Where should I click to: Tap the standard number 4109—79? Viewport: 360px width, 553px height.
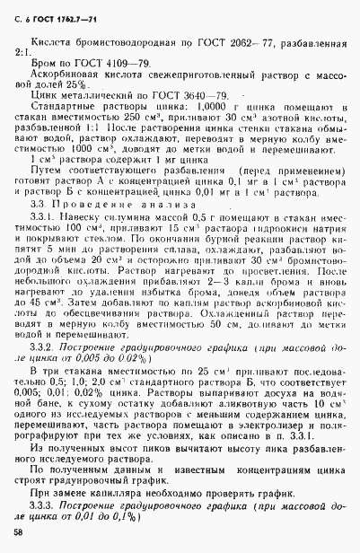click(x=115, y=65)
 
